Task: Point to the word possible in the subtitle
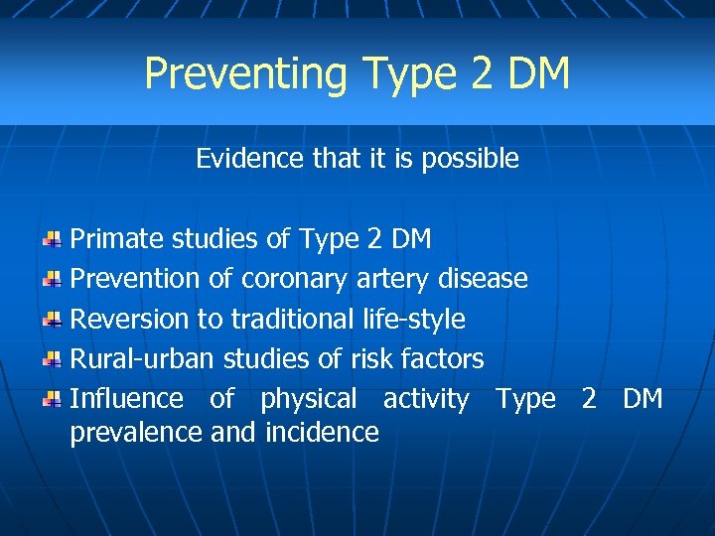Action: (x=470, y=159)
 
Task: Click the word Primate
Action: (x=116, y=239)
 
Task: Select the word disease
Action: (x=483, y=279)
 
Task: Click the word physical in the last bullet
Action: (x=308, y=399)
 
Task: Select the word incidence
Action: (x=322, y=432)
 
